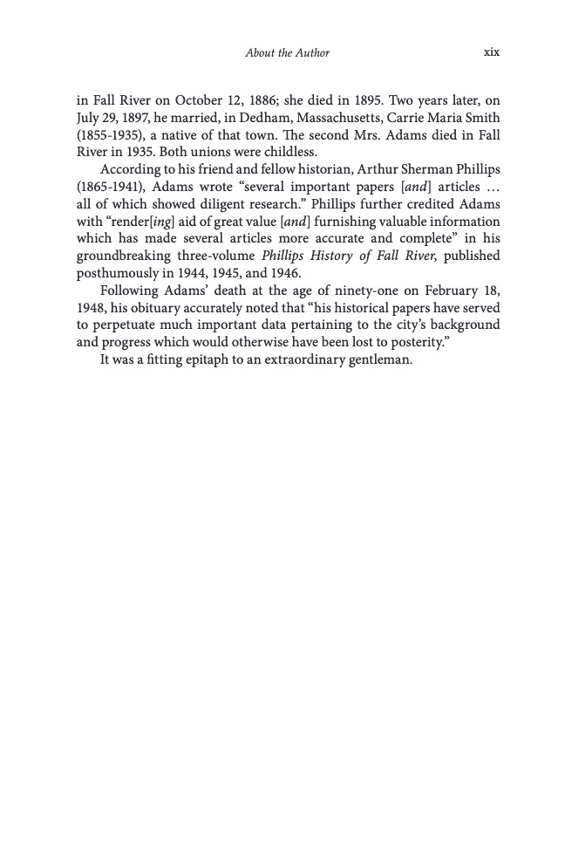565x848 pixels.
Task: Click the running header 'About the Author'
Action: pos(288,53)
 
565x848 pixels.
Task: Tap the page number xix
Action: pos(491,52)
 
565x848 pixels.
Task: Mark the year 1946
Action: pos(285,272)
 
